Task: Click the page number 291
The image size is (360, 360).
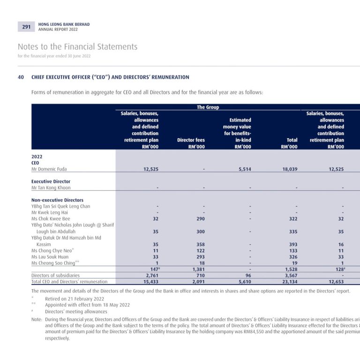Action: [26, 27]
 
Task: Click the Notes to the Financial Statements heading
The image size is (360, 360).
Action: [78, 46]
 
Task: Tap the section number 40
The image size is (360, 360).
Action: [21, 77]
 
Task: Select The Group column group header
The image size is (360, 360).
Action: [208, 107]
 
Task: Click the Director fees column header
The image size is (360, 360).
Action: [191, 140]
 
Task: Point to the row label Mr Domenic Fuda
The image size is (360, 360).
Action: [49, 169]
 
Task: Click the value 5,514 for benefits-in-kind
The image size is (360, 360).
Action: [245, 169]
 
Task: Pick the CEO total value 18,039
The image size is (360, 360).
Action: [290, 169]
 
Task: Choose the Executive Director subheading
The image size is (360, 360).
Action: [51, 181]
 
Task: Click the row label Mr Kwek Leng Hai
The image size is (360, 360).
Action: [50, 212]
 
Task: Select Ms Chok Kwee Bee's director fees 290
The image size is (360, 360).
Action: [201, 218]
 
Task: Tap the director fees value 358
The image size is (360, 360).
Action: [201, 244]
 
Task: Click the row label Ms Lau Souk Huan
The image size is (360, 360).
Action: [50, 257]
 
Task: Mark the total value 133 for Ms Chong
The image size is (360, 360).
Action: [293, 250]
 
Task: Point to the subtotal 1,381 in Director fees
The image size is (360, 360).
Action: [199, 269]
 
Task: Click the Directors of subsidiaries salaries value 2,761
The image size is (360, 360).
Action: [152, 275]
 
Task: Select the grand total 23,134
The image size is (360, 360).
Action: [290, 281]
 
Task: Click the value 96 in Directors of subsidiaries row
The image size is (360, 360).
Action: [248, 275]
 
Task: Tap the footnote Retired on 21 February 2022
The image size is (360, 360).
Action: [75, 299]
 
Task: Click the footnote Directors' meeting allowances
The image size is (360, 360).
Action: [76, 312]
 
